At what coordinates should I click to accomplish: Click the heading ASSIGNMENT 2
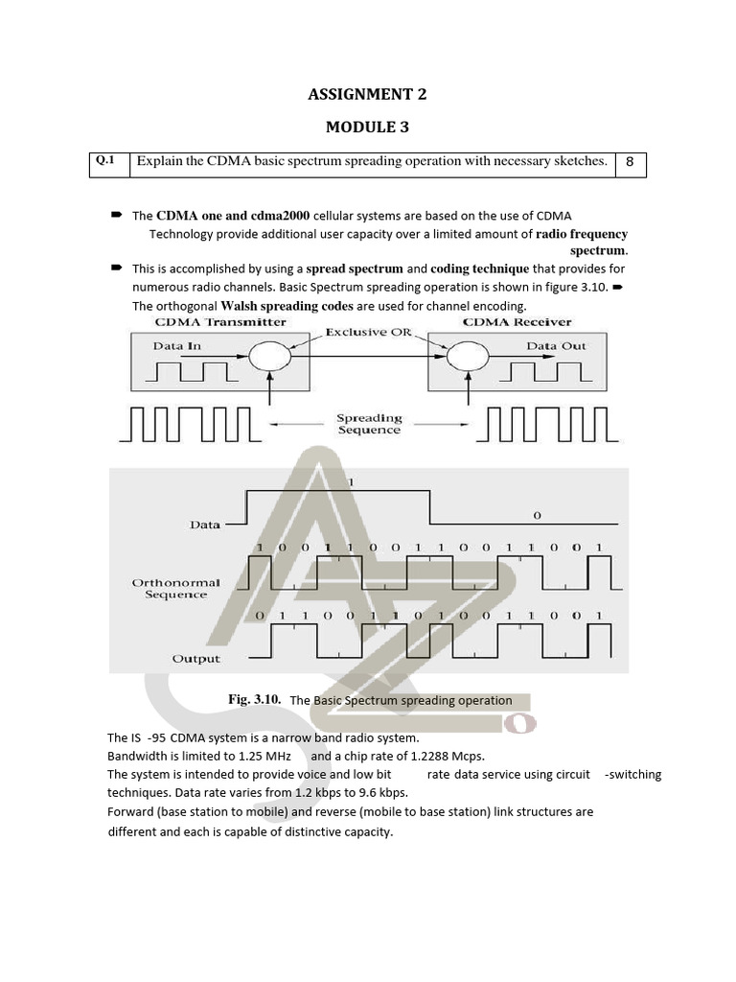pos(367,94)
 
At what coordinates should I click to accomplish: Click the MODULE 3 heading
pos(367,127)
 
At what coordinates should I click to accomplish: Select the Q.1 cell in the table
pos(105,161)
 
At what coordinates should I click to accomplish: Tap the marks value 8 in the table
pos(630,162)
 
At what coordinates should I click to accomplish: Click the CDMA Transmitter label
pos(206,322)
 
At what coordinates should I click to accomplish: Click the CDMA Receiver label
pos(517,322)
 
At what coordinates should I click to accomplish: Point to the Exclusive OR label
pos(369,333)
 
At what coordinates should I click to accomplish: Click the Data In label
pos(177,346)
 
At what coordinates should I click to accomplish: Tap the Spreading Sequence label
pos(369,425)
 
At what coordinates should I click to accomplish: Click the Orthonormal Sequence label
pos(175,588)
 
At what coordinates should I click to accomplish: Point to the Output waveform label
pos(195,659)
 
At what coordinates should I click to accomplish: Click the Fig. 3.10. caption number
pos(254,700)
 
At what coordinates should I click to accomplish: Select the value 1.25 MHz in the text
pos(264,756)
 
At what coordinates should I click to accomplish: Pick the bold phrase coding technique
pos(479,269)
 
